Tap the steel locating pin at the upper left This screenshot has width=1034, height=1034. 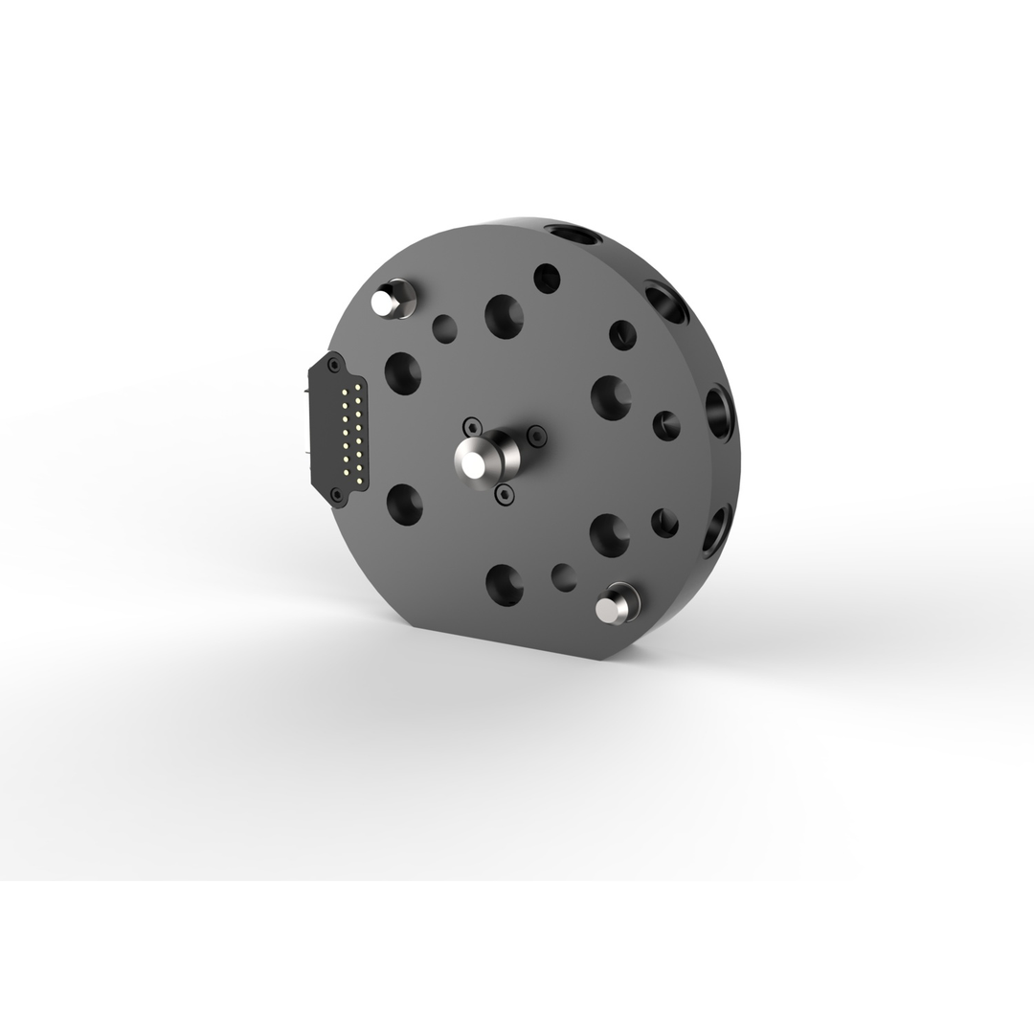(x=387, y=302)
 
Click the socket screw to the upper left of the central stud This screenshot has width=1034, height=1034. (x=471, y=425)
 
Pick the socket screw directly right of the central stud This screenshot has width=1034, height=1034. (x=537, y=436)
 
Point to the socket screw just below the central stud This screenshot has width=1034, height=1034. (x=504, y=494)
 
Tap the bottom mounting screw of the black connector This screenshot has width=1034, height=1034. (x=336, y=494)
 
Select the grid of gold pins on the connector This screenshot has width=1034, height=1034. (x=350, y=431)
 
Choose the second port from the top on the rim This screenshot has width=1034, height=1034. (x=667, y=302)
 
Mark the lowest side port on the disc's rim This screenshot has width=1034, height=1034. (x=716, y=529)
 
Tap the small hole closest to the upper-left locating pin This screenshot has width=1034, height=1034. (x=444, y=328)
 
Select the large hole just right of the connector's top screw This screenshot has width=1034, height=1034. (x=403, y=372)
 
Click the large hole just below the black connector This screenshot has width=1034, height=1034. (x=404, y=504)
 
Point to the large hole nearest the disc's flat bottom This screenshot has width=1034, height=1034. (x=505, y=584)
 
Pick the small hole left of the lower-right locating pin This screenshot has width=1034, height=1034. (x=564, y=577)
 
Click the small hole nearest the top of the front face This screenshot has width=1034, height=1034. (x=547, y=278)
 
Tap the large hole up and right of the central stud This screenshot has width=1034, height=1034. (x=610, y=396)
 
